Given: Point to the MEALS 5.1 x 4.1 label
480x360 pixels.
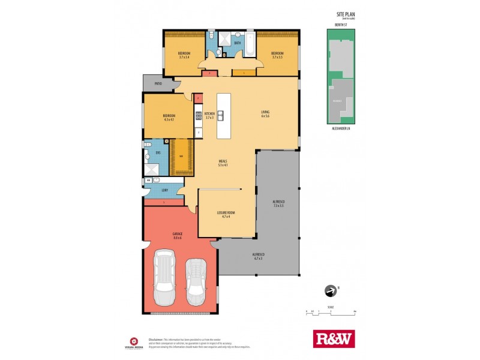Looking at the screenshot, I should point(223,163).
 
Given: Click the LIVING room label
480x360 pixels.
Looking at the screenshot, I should point(265,113).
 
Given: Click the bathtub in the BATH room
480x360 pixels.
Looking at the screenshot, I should point(250,44).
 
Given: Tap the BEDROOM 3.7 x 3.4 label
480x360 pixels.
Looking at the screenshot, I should point(184,55).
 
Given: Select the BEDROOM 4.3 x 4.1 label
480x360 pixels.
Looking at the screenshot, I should point(169,117).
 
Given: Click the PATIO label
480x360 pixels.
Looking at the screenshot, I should point(158,83).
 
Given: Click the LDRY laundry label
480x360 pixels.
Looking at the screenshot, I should point(164,190).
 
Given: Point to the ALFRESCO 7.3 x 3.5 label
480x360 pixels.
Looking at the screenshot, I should point(278,203).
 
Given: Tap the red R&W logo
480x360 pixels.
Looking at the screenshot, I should point(334,338).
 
